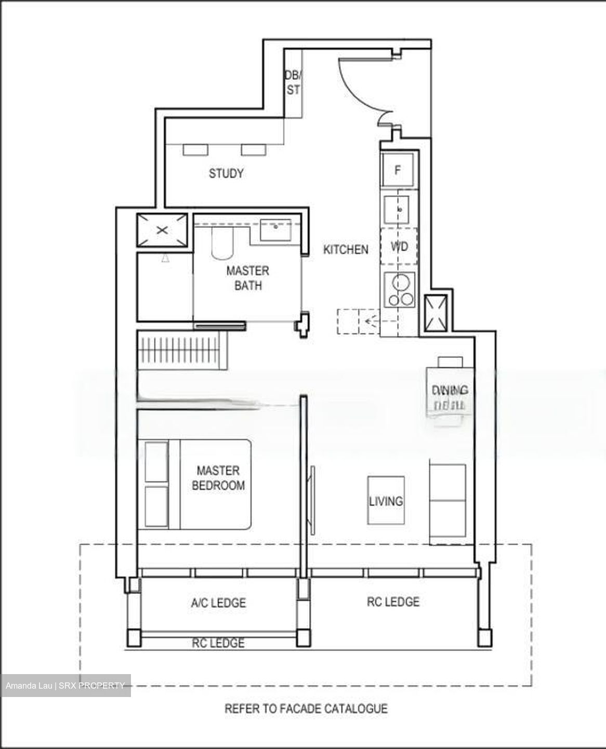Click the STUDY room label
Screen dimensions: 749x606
226,173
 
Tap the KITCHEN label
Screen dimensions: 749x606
346,250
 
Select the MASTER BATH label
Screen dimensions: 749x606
248,278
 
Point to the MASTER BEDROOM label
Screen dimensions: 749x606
218,478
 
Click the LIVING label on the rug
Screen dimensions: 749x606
386,501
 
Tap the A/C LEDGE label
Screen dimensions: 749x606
218,603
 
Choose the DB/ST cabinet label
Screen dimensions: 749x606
293,83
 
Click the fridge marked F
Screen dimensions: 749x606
398,170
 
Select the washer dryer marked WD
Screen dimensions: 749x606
399,246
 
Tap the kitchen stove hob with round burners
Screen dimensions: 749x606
399,290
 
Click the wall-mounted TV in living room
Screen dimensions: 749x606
312,499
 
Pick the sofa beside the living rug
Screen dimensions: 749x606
447,502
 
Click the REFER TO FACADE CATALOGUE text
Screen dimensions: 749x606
306,708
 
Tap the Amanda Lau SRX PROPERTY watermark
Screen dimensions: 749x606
65,686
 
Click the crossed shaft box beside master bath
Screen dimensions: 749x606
162,229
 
